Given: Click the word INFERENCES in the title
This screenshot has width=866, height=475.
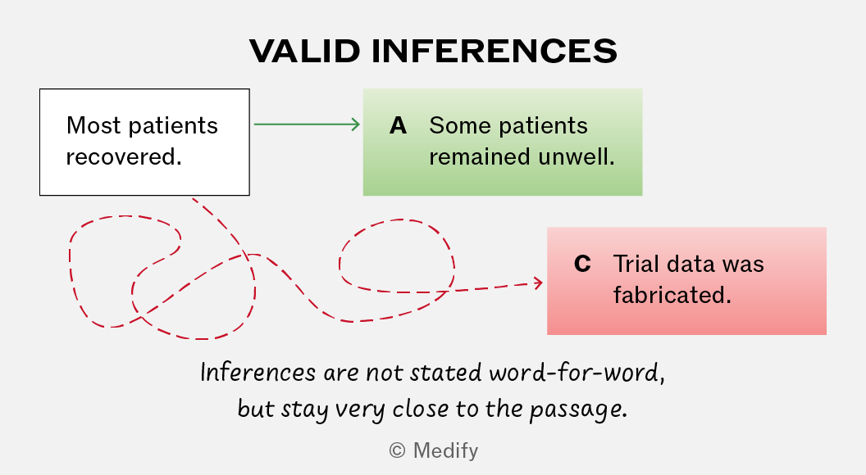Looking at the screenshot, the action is [495, 52].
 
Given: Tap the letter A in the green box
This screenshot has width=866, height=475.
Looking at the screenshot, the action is [399, 126].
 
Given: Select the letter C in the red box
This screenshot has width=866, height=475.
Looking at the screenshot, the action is [583, 264].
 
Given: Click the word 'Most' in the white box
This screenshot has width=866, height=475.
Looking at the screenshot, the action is [93, 126].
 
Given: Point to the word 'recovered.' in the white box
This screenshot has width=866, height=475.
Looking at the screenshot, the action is [124, 157].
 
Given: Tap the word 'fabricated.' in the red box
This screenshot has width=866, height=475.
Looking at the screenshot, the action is [672, 295].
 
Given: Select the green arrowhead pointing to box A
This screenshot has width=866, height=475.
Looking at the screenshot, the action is [356, 124].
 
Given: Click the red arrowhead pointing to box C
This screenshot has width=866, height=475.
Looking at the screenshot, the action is [538, 283].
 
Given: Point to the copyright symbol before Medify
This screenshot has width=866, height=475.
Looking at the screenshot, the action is [397, 450].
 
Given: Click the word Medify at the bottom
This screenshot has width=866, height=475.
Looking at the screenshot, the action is [445, 450].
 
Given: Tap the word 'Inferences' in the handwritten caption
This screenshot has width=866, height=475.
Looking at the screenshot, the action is [258, 373].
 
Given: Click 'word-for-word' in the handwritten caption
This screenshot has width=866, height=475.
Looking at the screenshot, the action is [577, 373].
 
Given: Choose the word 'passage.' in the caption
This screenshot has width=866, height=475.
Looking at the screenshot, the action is [578, 410].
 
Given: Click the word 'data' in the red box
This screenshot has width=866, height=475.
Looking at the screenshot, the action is [690, 264].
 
